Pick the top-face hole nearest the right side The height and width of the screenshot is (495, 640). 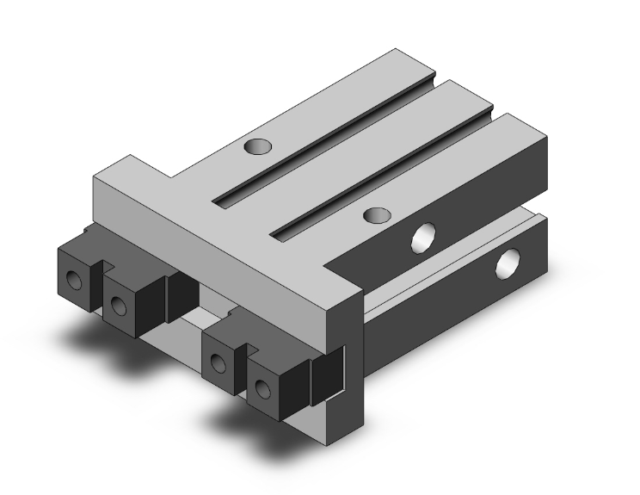(373, 213)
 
